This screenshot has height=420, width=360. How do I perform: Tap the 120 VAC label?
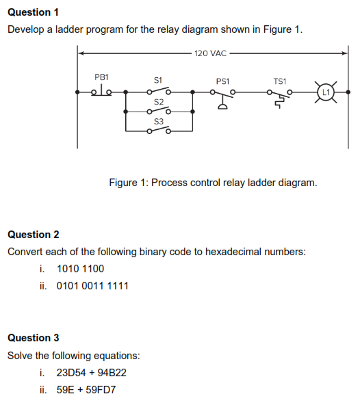(x=210, y=53)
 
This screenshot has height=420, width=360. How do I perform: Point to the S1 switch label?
(x=157, y=81)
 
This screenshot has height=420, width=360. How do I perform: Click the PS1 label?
(x=222, y=81)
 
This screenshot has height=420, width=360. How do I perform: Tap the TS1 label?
(x=279, y=81)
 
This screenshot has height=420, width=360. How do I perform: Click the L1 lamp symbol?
(x=326, y=92)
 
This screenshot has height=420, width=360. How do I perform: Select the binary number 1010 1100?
(x=80, y=269)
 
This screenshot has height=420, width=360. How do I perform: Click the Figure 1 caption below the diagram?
(x=213, y=183)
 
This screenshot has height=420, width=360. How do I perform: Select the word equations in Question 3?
(x=118, y=356)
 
